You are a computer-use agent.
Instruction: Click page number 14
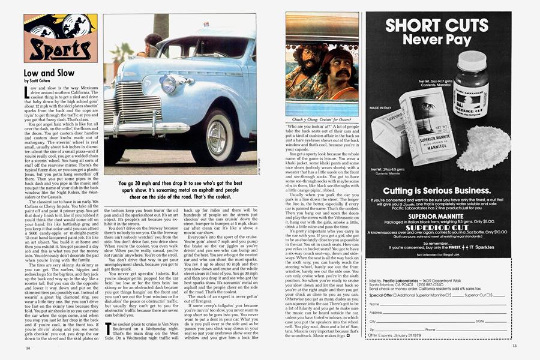click(28, 348)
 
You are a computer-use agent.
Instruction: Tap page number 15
click(514, 346)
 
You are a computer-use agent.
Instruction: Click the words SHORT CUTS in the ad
click(438, 26)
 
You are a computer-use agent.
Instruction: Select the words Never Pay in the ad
click(438, 40)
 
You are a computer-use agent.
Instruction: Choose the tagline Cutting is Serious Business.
click(437, 190)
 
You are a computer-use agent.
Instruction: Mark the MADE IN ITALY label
click(380, 108)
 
